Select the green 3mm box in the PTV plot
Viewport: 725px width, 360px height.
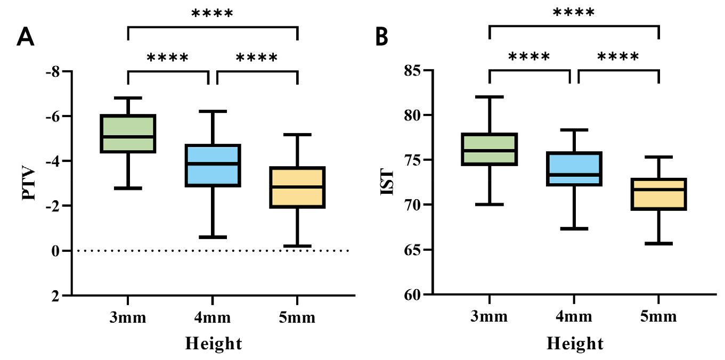[x=127, y=134]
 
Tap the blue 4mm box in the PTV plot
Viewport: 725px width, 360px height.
[x=213, y=165]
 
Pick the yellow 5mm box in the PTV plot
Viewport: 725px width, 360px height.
[x=297, y=187]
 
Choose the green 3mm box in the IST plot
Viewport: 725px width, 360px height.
[x=489, y=149]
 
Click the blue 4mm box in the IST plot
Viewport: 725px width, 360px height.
[x=574, y=169]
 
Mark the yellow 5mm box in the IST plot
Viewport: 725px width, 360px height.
[x=658, y=194]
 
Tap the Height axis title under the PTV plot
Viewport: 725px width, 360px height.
[x=213, y=343]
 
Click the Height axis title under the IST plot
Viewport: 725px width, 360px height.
[x=574, y=343]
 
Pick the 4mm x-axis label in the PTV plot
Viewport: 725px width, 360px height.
[x=213, y=318]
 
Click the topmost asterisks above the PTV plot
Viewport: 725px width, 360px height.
[x=213, y=13]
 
